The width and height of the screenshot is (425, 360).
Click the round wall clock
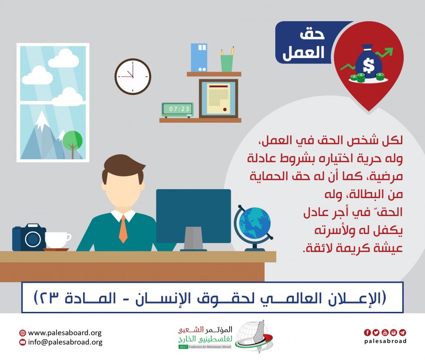pos(133,76)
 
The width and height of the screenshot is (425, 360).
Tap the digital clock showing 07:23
pos(178,110)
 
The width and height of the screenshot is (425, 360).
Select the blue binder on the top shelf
pos(199,58)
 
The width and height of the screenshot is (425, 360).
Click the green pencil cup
pos(227,63)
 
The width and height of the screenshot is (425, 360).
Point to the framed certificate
pos(219,99)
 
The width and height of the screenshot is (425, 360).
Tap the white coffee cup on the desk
pos(58,240)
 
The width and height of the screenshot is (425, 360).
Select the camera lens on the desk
pos(33,239)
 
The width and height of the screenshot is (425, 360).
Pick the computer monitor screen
pos(194,216)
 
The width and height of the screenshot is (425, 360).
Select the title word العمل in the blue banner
pos(304,52)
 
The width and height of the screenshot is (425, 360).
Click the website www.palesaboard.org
pos(65,333)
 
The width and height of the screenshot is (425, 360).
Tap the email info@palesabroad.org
pos(65,342)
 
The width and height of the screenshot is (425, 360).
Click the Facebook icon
pos(367,332)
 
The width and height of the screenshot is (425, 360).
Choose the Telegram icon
pos(402,332)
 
